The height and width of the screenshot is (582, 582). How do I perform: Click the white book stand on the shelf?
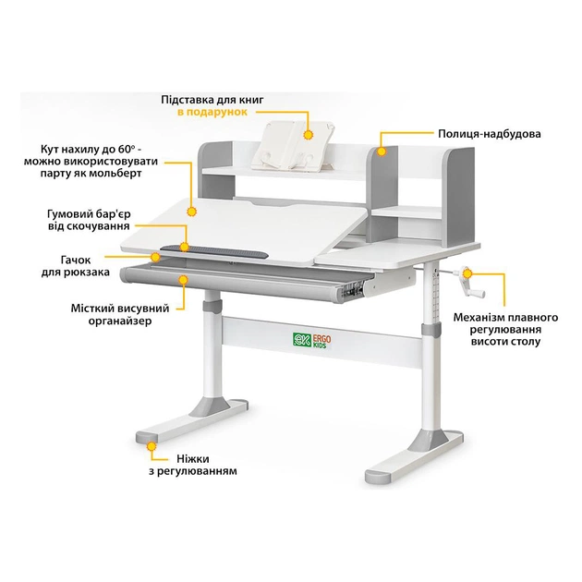click(288, 143)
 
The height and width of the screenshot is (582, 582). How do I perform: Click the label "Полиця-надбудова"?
click(490, 134)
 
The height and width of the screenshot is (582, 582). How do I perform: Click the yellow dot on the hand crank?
click(468, 273)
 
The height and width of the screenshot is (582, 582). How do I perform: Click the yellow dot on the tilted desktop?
click(192, 211)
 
